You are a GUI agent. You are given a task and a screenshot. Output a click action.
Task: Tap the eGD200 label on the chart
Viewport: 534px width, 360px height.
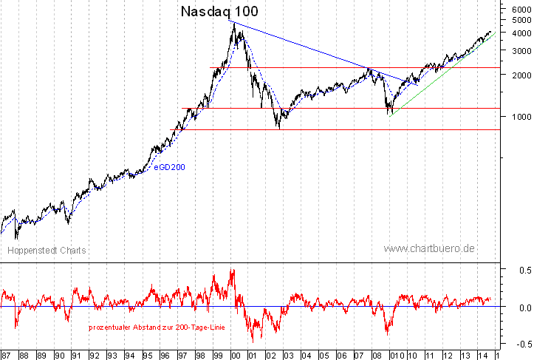pos(169,167)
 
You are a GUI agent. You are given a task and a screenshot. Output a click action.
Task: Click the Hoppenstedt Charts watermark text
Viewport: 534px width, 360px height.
pos(47,251)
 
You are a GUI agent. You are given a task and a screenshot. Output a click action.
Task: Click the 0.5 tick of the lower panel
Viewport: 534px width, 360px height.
pos(521,271)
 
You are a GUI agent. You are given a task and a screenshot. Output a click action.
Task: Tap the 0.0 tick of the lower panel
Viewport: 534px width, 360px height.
pos(521,307)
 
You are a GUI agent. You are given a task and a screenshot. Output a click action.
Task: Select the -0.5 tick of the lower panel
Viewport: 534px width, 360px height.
pos(520,343)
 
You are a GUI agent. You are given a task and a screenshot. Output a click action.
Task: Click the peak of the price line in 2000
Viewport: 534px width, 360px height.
pos(233,24)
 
